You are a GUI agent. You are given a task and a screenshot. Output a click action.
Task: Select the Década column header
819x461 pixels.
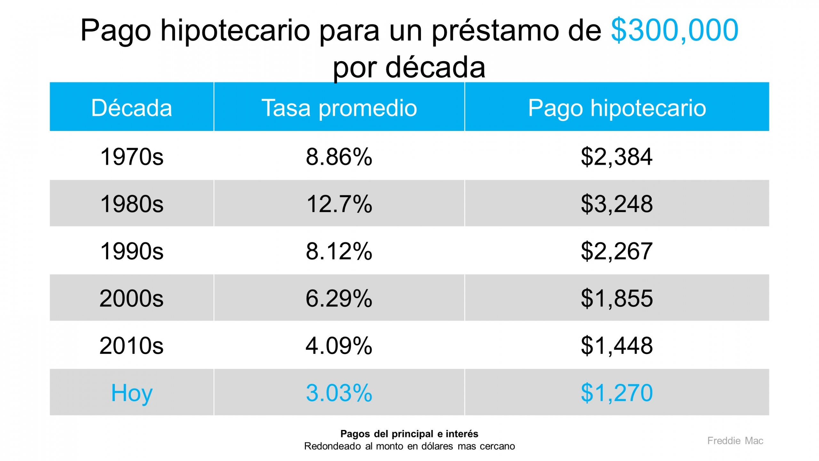pos(131,108)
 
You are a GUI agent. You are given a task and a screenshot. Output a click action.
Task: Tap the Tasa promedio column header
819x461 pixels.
pos(339,108)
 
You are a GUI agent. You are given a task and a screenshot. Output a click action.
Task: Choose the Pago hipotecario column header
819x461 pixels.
pos(617,108)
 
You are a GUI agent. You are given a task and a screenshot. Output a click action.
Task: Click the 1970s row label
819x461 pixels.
pos(131,157)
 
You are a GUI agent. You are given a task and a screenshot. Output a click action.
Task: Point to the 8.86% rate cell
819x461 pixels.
pos(339,157)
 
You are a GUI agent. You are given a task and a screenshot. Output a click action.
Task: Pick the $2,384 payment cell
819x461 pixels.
pos(617,157)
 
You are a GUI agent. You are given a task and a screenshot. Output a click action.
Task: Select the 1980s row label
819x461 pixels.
pos(131,204)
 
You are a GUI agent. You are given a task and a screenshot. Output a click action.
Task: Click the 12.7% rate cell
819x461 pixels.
pos(339,204)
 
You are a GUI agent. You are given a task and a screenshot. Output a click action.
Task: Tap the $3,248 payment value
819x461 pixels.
pos(617,204)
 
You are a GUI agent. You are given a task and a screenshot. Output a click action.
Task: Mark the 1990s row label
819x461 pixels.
pos(131,251)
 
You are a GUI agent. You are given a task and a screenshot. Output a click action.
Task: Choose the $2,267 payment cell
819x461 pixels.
pos(617,251)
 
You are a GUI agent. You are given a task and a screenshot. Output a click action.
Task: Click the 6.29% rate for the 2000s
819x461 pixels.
pos(339,298)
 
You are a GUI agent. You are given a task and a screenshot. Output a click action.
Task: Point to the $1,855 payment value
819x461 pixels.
pos(617,298)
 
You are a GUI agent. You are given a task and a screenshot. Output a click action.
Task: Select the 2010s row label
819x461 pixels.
pos(131,345)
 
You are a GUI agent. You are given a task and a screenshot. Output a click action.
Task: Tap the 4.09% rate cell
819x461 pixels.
pos(339,345)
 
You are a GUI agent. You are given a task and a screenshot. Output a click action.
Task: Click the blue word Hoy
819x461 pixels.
pos(131,392)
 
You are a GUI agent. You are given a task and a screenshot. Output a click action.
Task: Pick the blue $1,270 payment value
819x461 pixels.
pos(617,392)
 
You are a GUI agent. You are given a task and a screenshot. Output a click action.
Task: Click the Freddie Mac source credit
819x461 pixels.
pos(735,441)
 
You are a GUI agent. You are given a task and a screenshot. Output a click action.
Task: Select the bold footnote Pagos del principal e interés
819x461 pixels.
pos(409,434)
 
